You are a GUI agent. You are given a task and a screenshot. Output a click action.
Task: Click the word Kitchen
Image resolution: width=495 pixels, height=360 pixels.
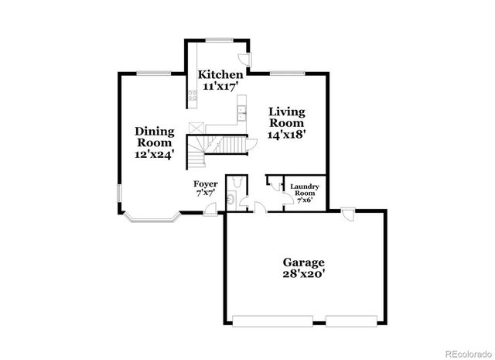(220, 74)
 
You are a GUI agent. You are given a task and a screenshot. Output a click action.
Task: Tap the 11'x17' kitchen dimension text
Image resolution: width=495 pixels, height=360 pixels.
(220, 87)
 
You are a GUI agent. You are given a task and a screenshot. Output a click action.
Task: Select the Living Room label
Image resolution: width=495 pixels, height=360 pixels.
(286, 117)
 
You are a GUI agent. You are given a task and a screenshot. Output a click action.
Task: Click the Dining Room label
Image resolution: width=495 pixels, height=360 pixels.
(155, 136)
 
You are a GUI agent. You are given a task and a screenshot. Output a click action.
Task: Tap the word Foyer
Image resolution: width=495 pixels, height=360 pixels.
(205, 183)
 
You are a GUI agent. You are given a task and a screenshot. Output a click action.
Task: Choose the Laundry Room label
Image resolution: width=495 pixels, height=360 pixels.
(305, 190)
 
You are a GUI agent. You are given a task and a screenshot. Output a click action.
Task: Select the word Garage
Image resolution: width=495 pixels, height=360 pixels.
(303, 262)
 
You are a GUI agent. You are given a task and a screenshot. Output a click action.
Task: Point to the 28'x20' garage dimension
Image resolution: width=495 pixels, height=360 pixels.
(303, 274)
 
